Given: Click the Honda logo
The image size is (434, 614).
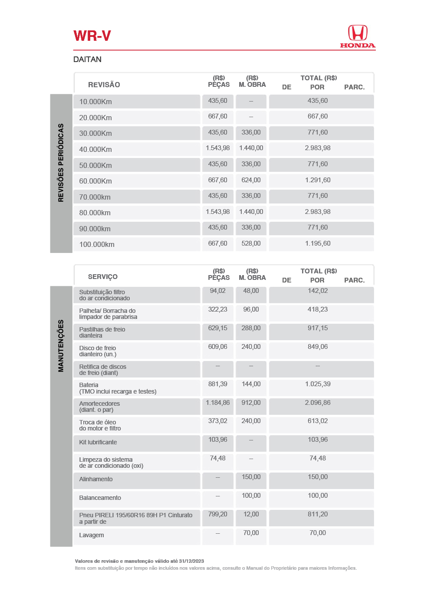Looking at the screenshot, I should [357, 36].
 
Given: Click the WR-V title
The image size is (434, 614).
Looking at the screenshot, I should [92, 36].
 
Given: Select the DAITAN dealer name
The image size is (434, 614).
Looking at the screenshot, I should [87, 59].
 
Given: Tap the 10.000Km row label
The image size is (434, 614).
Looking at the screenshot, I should [95, 102].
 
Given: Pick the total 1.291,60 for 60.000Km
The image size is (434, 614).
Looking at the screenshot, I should [318, 180].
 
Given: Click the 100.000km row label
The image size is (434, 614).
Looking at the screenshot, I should [97, 244].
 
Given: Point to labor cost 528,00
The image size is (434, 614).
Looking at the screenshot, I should [251, 243].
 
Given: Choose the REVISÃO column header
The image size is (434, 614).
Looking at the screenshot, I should [104, 85].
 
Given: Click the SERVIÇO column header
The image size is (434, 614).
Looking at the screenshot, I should [102, 277].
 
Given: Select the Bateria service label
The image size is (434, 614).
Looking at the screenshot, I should [89, 385].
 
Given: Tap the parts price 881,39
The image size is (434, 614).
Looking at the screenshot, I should [217, 384].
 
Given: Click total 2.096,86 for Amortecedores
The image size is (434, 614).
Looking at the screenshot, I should [318, 403].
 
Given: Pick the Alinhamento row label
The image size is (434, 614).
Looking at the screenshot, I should [95, 479].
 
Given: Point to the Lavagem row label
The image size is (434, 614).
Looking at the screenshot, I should [91, 535].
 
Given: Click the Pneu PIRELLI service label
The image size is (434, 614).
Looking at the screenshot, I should [135, 515].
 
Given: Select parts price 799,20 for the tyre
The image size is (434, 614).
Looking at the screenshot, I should [217, 514].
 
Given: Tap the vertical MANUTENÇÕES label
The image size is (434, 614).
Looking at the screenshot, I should [61, 346].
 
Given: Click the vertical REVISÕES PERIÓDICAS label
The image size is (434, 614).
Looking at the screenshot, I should [61, 163].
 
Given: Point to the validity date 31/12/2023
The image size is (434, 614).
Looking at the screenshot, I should [191, 561].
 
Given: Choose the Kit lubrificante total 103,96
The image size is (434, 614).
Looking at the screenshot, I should [318, 440].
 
